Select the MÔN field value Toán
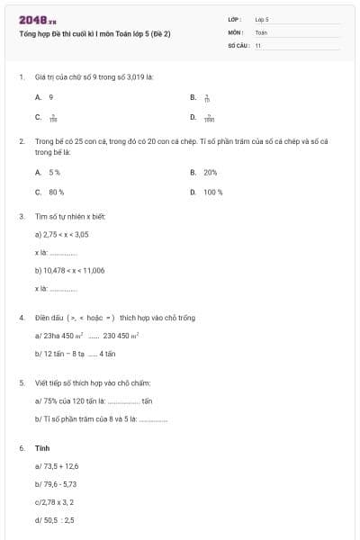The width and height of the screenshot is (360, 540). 261,31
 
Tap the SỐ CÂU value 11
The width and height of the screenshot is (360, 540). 258,44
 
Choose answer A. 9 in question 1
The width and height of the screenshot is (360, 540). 44,96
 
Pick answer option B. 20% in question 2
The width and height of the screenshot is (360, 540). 204,172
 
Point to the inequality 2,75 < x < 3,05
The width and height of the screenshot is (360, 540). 62,234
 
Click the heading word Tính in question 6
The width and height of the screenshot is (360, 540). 41,446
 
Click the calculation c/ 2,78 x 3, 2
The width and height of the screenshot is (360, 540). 57,501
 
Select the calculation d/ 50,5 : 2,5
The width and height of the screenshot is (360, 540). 55,519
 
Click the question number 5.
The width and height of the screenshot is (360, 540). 21,382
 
